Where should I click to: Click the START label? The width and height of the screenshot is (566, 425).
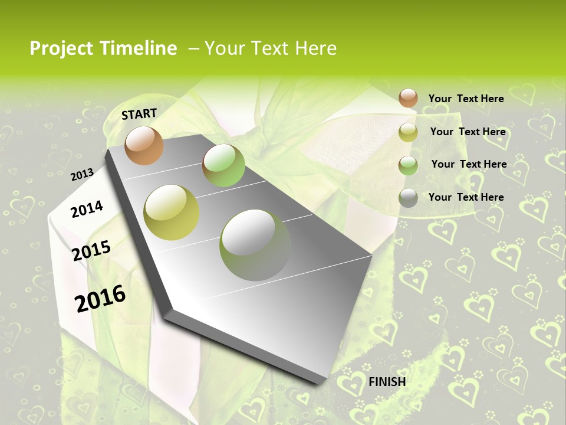coord(139,114)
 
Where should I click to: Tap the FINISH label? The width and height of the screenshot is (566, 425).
coord(387,382)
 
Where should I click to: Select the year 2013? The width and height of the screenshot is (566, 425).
coord(83,174)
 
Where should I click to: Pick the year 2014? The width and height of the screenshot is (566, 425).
coord(87,209)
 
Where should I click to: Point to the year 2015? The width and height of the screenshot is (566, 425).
coord(91,250)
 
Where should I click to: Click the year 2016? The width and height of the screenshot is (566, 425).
coord(101,299)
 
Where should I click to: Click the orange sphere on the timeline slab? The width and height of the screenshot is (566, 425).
coord(144,145)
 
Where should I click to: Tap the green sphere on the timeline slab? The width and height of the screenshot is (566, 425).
coord(223,165)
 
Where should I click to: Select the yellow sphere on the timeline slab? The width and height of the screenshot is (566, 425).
coord(172,212)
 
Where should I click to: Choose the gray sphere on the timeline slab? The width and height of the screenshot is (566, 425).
coord(255,244)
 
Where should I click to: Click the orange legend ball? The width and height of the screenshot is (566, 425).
coord(408,98)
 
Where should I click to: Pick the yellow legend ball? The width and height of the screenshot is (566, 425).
coord(408,132)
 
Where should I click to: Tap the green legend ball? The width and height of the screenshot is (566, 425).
coord(408,165)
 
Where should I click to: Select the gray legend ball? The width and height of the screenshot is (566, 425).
coord(408,198)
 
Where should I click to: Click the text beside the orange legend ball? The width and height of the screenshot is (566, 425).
coord(466,99)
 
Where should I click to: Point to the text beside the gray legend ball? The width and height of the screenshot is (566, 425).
coord(466,197)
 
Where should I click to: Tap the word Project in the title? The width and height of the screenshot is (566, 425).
coord(62,48)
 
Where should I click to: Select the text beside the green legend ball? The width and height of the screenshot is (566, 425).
coord(469,164)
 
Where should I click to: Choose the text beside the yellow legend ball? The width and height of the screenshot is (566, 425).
coord(468,132)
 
